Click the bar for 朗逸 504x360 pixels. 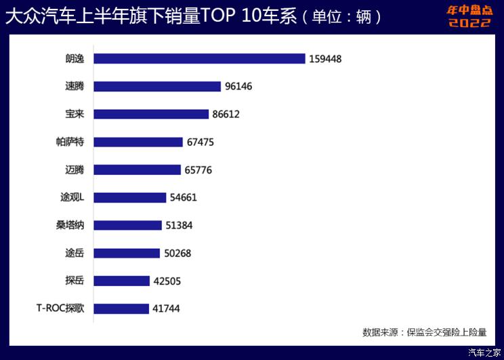(x=199, y=58)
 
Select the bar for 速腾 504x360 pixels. (x=157, y=86)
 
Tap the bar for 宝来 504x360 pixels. (x=151, y=114)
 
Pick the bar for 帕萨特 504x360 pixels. (x=138, y=142)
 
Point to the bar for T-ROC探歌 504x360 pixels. (x=121, y=308)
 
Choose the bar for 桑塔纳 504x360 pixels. (x=127, y=225)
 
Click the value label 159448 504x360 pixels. (x=325, y=59)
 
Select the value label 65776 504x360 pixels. (x=196, y=170)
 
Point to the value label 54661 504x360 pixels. (x=184, y=198)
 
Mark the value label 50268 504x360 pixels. (x=177, y=254)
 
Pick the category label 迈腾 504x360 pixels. (x=70, y=169)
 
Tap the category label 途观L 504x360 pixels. (x=71, y=197)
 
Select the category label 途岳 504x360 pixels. (x=70, y=253)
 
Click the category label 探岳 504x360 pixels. (x=70, y=281)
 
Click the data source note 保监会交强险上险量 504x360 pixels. (x=425, y=332)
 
